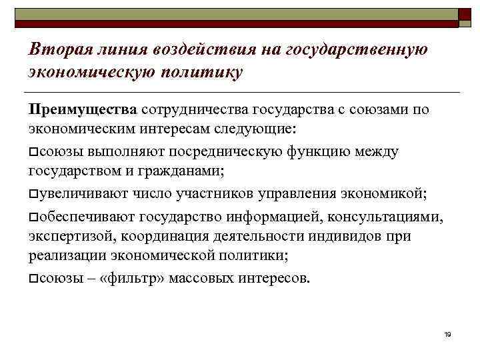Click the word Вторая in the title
coord(56,49)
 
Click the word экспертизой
coord(68,237)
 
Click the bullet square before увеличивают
coord(33,194)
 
